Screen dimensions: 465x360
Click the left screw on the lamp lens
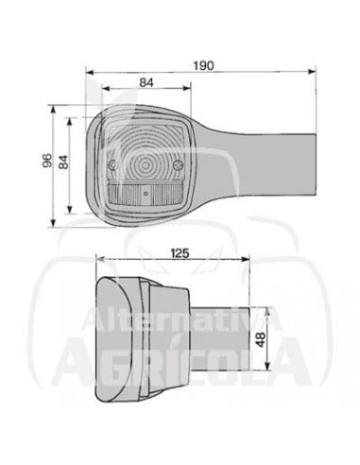(x=112, y=165)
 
